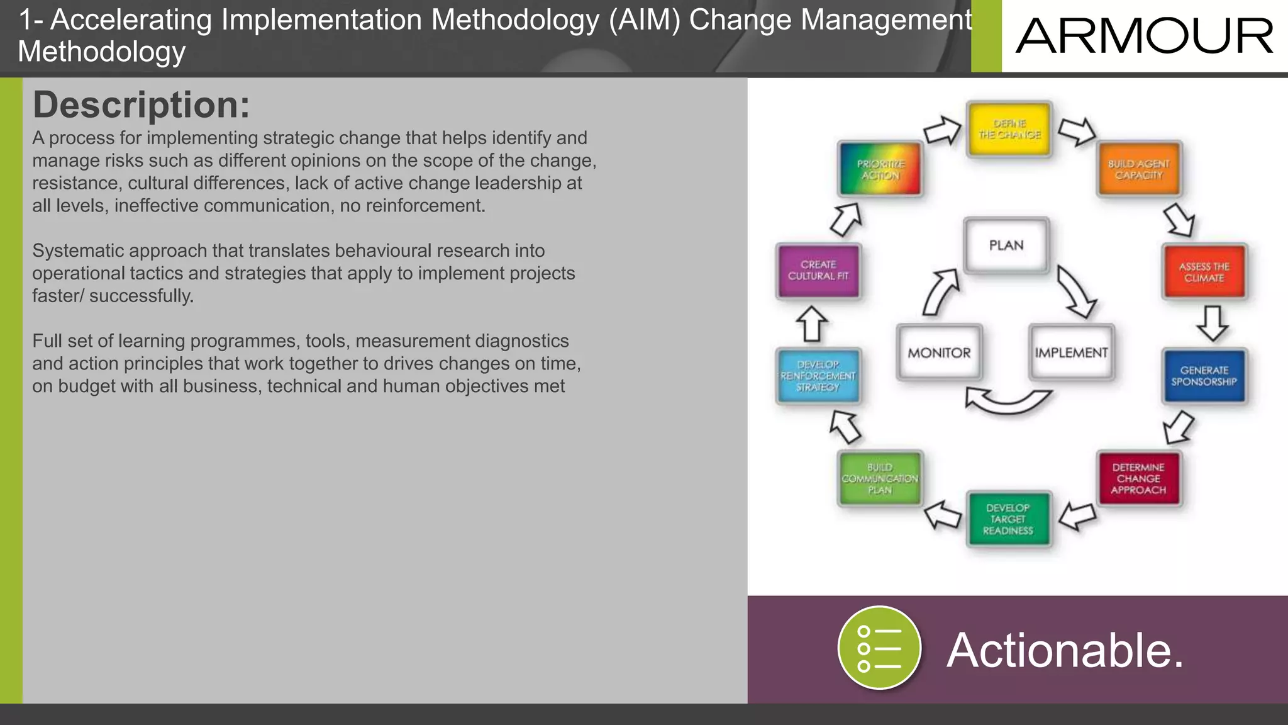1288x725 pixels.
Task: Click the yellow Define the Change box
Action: click(x=1009, y=129)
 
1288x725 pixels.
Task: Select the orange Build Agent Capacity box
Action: click(x=1139, y=169)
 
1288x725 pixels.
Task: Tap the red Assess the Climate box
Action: click(x=1204, y=272)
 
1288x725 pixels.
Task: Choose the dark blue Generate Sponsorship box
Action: click(x=1204, y=376)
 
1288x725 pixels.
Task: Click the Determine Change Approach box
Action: click(x=1138, y=478)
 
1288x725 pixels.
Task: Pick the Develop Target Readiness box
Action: click(x=1008, y=519)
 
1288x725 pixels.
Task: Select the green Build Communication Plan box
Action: click(x=880, y=478)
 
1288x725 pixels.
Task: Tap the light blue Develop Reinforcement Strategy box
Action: click(x=818, y=376)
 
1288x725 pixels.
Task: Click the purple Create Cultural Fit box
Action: click(x=818, y=271)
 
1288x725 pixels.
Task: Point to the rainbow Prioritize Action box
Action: click(x=880, y=169)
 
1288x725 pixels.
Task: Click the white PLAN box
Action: click(x=1006, y=245)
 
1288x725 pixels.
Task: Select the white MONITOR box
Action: click(x=939, y=352)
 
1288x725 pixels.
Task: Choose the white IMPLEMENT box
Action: click(x=1071, y=352)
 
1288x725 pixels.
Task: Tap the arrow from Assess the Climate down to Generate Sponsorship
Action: click(x=1212, y=323)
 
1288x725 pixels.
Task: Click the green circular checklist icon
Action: click(x=879, y=648)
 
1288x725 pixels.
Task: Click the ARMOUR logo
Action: click(x=1144, y=36)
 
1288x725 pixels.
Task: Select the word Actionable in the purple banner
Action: click(x=1065, y=650)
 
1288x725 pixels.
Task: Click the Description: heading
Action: click(x=141, y=104)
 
